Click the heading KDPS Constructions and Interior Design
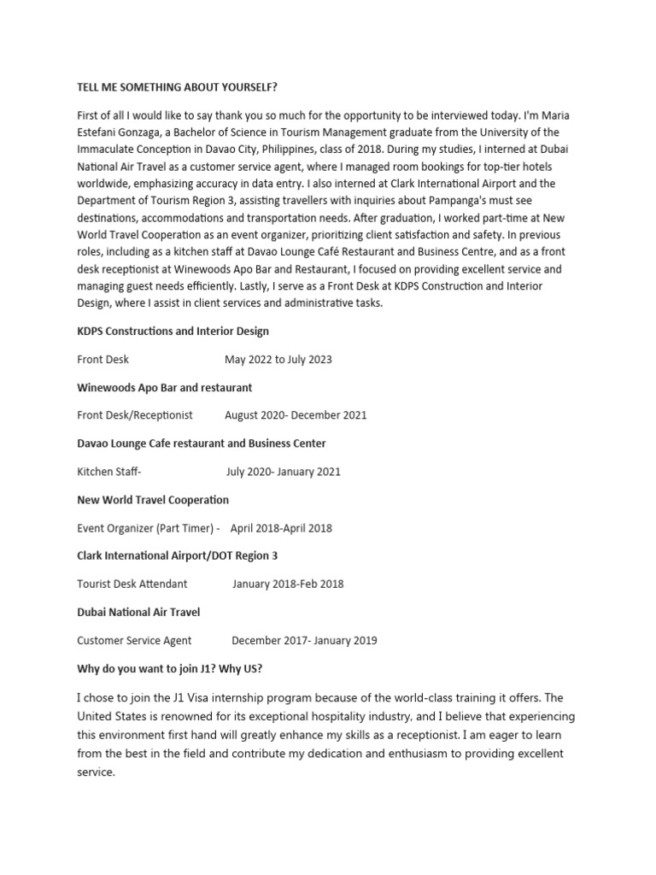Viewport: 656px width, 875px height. click(x=173, y=331)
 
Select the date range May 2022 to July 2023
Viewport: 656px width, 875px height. click(x=278, y=360)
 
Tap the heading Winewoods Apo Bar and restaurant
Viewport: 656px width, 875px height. click(x=164, y=387)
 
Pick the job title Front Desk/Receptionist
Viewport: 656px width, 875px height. click(x=135, y=415)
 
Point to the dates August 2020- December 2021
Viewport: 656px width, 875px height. click(x=296, y=415)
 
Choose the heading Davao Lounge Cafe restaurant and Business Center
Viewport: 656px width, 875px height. click(x=201, y=443)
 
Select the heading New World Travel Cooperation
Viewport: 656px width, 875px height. click(x=153, y=499)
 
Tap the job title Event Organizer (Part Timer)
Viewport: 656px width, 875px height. click(x=144, y=528)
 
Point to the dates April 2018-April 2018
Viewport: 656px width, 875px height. click(x=281, y=528)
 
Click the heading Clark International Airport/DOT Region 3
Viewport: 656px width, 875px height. click(x=177, y=555)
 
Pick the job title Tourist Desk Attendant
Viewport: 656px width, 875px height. click(x=132, y=584)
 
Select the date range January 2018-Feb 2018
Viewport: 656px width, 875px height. click(x=288, y=584)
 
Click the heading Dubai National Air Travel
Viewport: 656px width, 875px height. click(x=138, y=612)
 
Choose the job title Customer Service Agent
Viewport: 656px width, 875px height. click(x=134, y=641)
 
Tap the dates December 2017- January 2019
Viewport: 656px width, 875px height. click(x=304, y=641)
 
